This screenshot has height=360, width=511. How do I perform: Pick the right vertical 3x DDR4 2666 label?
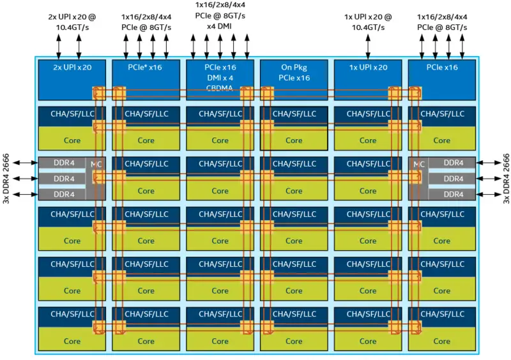tap(505, 179)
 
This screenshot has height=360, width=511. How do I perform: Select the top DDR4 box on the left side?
tap(63, 163)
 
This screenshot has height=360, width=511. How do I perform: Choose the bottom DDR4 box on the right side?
tap(453, 194)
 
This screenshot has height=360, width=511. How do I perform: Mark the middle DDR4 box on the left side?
tap(63, 179)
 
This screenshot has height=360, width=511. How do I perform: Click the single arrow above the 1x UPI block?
tap(368, 47)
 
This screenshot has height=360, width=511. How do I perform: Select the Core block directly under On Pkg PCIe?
tap(294, 140)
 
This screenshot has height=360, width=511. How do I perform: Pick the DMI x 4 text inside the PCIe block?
tap(220, 77)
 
